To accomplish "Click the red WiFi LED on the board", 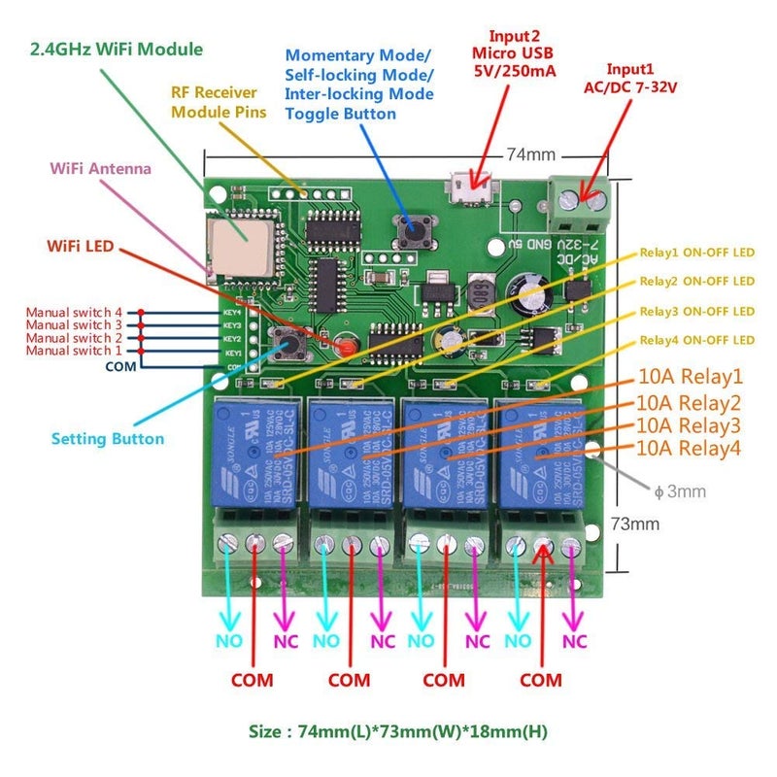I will pos(343,346).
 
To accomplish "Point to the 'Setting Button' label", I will pos(108,439).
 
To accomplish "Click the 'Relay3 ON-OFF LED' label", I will pos(696,311).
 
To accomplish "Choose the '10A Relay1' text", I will pos(690,377).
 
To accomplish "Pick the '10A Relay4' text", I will pos(690,449).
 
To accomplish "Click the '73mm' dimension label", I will pos(634,524).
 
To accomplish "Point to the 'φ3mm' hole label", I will pos(680,491).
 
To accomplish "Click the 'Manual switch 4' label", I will pos(74,312).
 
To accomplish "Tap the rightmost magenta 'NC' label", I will pos(574,642).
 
